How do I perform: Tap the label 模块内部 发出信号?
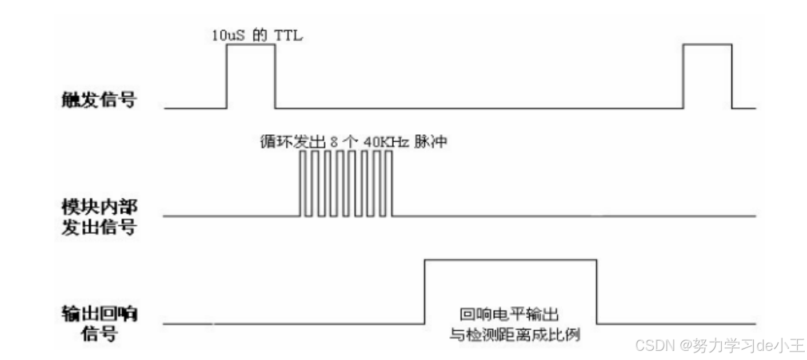(x=99, y=218)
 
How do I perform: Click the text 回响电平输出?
(x=509, y=314)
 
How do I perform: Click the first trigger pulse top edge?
(x=251, y=45)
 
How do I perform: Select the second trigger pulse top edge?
(x=708, y=45)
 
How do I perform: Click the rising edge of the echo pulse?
(x=425, y=291)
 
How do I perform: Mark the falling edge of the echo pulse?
(x=597, y=291)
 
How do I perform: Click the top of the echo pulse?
(x=510, y=260)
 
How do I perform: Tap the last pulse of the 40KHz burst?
(x=390, y=183)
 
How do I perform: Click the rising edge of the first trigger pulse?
(x=227, y=76)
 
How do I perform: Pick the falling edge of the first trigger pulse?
(x=275, y=76)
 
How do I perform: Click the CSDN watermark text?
(x=720, y=345)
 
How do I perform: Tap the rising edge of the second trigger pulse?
(x=684, y=76)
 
